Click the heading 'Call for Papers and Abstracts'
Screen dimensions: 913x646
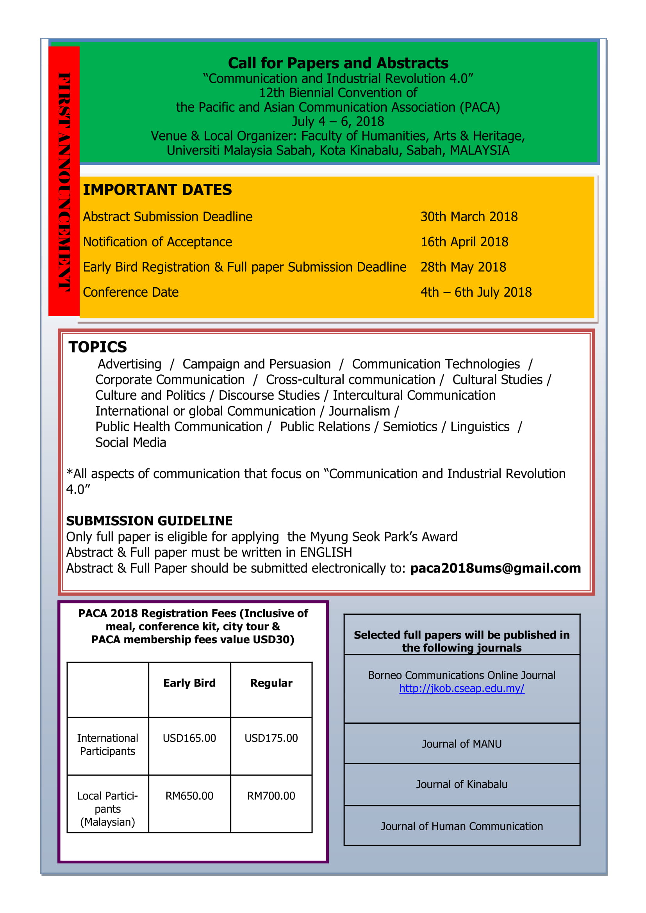tap(338, 63)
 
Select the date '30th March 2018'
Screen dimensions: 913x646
tap(469, 217)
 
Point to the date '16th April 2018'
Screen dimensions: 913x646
tap(464, 242)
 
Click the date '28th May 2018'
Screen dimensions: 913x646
tap(464, 267)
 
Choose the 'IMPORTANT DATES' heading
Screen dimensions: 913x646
tap(157, 190)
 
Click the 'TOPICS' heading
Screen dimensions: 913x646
tap(98, 347)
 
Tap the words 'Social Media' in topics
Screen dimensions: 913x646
tap(130, 443)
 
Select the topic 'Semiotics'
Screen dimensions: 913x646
tap(410, 427)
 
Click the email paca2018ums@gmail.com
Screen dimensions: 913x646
tap(495, 568)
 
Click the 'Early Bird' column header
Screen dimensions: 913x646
tap(189, 683)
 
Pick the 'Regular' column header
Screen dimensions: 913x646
tap(271, 683)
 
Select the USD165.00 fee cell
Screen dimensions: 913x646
tap(189, 738)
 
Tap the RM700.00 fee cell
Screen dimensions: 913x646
tap(271, 796)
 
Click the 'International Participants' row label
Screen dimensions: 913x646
tap(107, 744)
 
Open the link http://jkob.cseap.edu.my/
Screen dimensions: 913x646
tap(461, 688)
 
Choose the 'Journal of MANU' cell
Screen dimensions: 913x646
tap(461, 744)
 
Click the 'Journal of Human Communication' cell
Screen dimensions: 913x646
tap(461, 826)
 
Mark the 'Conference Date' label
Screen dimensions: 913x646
tap(130, 292)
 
